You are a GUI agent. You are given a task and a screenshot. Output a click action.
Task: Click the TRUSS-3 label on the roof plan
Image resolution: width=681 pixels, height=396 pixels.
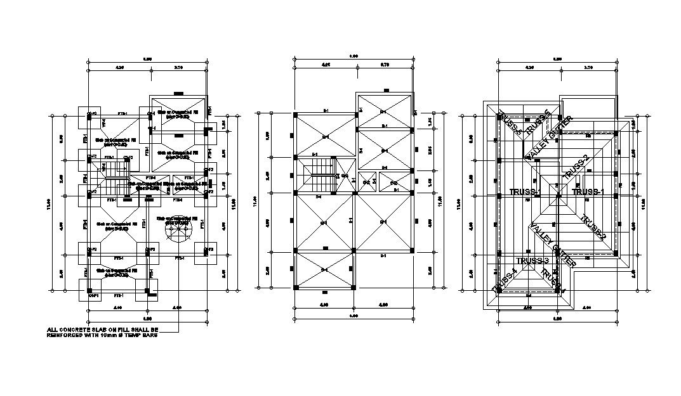pyautogui.click(x=532, y=260)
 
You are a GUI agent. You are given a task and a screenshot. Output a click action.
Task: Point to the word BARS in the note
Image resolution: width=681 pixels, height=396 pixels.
pyautogui.click(x=149, y=335)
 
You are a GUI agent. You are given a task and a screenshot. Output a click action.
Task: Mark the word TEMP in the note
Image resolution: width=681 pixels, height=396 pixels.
pyautogui.click(x=133, y=335)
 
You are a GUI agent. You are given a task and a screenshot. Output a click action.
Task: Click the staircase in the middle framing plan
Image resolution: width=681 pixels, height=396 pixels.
pyautogui.click(x=318, y=176)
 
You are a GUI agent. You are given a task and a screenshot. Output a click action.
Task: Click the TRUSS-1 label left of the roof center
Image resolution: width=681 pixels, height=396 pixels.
pyautogui.click(x=525, y=191)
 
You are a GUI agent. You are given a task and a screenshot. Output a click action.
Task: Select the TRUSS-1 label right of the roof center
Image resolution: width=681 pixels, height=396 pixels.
pyautogui.click(x=588, y=191)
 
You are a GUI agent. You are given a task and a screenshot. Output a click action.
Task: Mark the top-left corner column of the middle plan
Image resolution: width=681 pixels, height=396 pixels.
pyautogui.click(x=296, y=115)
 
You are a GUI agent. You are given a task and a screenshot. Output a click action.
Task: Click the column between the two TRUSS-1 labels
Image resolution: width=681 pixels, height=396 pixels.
pyautogui.click(x=559, y=196)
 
